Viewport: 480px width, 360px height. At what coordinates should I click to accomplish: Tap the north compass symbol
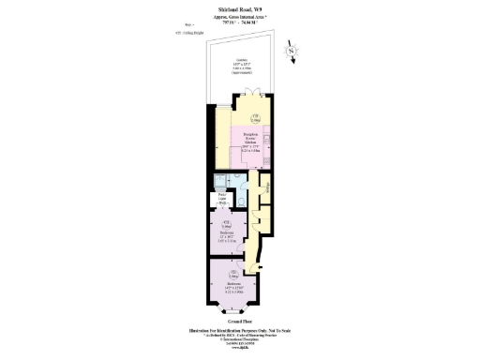coord(292,52)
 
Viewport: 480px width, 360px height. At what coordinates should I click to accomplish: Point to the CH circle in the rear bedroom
coord(227,224)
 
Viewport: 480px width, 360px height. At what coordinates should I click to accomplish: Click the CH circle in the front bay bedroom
coord(224,274)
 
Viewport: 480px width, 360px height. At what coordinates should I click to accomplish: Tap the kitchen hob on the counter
coord(268,149)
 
